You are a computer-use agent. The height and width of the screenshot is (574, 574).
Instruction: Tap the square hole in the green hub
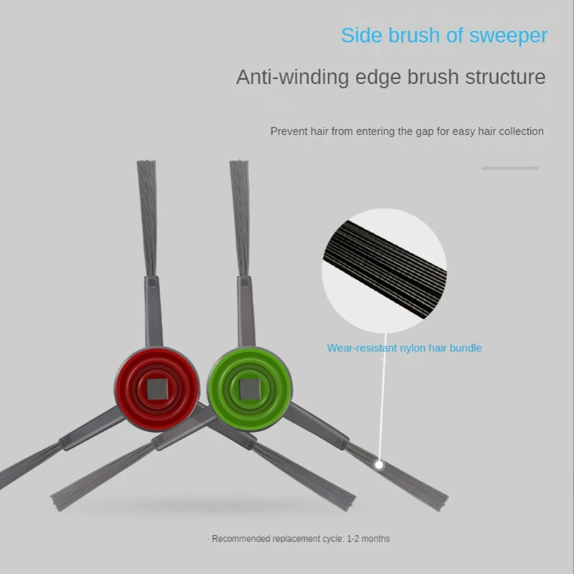(250, 390)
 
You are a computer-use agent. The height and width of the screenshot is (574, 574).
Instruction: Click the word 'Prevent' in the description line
(288, 131)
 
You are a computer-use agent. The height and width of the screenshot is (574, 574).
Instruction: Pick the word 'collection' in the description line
(519, 131)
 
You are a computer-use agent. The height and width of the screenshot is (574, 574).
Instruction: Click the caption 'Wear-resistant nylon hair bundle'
(404, 348)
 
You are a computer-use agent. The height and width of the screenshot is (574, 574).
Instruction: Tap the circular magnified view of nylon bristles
(385, 266)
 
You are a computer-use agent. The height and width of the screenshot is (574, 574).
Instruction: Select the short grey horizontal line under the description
(509, 168)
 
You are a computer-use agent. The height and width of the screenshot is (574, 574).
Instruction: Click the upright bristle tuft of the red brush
(148, 215)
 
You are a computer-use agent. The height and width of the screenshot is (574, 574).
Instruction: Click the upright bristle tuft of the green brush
(240, 215)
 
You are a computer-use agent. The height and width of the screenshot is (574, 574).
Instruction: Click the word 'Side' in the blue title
(359, 35)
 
